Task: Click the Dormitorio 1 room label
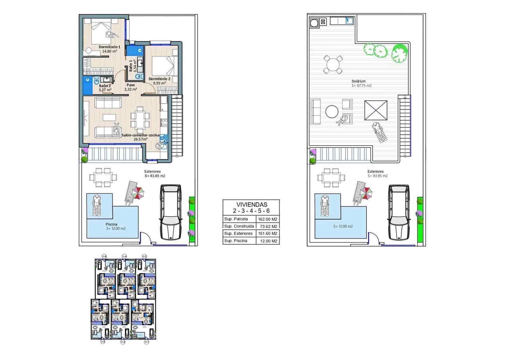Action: [109, 47]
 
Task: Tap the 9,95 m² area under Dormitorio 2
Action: [159, 83]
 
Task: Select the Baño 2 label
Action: [105, 86]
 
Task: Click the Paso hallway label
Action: [130, 85]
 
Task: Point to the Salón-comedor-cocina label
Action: [140, 135]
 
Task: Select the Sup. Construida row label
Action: [239, 226]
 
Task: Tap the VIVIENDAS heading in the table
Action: [251, 205]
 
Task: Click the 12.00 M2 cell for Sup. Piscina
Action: [268, 241]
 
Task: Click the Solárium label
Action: [359, 81]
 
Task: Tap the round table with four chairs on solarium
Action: [333, 65]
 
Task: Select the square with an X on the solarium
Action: [376, 110]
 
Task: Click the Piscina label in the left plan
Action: [111, 224]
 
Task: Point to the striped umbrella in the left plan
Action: [138, 192]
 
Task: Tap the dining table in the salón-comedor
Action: [140, 119]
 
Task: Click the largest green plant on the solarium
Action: [399, 53]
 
